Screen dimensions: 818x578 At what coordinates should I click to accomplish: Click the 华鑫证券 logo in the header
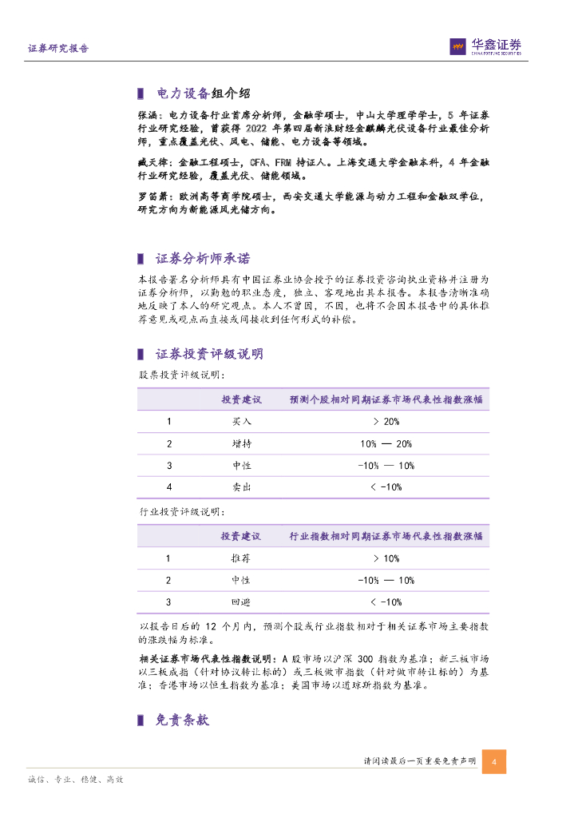(x=485, y=46)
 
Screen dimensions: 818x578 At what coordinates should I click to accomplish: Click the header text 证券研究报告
(x=58, y=49)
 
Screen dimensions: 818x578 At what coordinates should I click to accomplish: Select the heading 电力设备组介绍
(x=194, y=93)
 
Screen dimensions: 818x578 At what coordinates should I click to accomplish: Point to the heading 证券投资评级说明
(x=209, y=354)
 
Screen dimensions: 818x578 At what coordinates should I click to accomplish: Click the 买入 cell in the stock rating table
(x=241, y=421)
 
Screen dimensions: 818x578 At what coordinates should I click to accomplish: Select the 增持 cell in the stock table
(x=241, y=443)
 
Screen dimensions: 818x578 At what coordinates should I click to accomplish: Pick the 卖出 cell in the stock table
(x=241, y=486)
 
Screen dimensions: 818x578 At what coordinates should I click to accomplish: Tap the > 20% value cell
(x=386, y=421)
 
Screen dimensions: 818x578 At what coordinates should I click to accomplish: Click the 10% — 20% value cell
(x=386, y=443)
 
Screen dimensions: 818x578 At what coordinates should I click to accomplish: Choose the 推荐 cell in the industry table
(x=241, y=559)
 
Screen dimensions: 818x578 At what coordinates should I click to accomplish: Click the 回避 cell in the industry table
(x=241, y=602)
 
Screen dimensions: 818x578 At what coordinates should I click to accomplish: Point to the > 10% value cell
(x=386, y=559)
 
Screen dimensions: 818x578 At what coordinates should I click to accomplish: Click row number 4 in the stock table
(x=168, y=486)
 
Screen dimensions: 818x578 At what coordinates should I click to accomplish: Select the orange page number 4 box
(x=494, y=761)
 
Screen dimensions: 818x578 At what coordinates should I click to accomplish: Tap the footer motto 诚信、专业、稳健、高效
(x=76, y=780)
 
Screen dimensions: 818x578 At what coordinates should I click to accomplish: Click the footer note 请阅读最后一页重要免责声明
(x=419, y=761)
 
